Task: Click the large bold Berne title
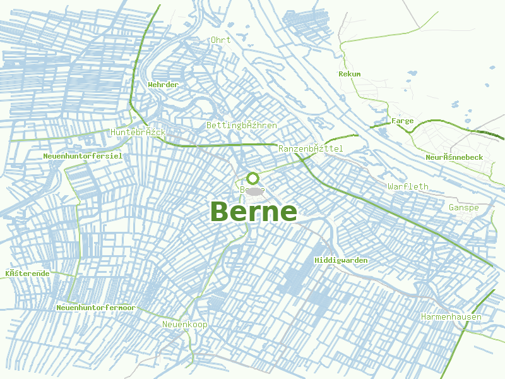(253, 212)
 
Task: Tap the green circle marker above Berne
(253, 178)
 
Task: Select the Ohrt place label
(221, 40)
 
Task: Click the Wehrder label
(163, 84)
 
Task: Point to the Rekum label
(349, 74)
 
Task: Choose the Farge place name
(403, 121)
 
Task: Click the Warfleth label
(408, 186)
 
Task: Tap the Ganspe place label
(463, 207)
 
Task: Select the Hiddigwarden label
(341, 260)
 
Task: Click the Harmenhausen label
(451, 316)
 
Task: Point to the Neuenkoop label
(184, 324)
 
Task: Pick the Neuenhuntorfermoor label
(95, 308)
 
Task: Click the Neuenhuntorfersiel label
(83, 155)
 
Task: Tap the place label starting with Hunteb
(138, 132)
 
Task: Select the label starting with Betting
(242, 125)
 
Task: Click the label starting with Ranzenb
(311, 148)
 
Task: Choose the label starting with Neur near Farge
(454, 157)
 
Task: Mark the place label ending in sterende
(27, 273)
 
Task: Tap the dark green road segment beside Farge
(379, 126)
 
